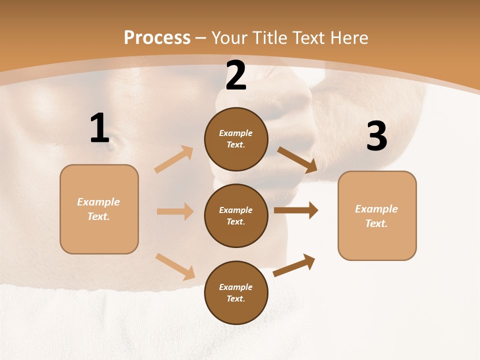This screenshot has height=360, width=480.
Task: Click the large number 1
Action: [x=99, y=128]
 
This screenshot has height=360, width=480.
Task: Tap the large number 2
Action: [x=236, y=75]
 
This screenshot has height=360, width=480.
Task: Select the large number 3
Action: [x=376, y=136]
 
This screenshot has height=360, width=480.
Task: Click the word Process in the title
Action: [x=157, y=37]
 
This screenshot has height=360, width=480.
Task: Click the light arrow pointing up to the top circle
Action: [x=174, y=159]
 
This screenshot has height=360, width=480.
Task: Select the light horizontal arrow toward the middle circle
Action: [x=175, y=211]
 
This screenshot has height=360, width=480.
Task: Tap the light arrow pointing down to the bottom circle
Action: [x=175, y=266]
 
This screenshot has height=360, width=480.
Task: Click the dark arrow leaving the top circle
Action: [x=297, y=160]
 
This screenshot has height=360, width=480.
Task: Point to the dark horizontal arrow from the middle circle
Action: [x=296, y=210]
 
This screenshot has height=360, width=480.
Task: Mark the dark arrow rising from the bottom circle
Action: [x=294, y=265]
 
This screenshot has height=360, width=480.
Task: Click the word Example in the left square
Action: [x=98, y=202]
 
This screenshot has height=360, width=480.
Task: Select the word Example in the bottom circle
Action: [x=235, y=287]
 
